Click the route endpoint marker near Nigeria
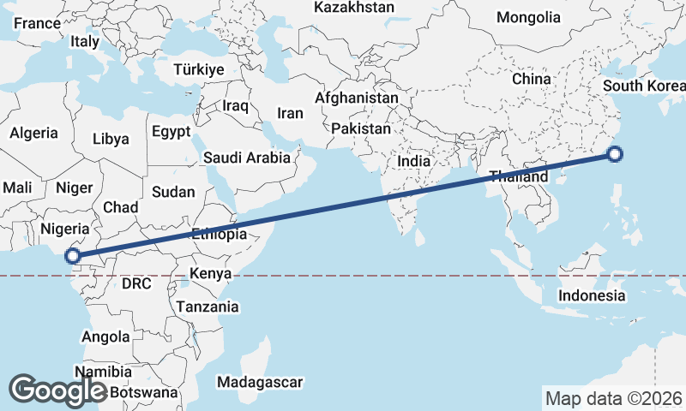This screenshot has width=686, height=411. tap(74, 255)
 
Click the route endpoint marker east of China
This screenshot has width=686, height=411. tap(614, 155)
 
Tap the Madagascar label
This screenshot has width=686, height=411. tap(261, 382)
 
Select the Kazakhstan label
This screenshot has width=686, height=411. tap(354, 8)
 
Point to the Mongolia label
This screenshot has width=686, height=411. tap(528, 17)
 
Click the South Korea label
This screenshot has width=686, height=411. tap(643, 86)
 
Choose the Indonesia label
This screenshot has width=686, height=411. tap(592, 296)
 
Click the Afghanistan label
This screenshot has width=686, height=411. tap(357, 98)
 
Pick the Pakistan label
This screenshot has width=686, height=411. tap(361, 129)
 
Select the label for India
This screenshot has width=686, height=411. tap(413, 161)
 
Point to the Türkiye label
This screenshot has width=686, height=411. tap(198, 70)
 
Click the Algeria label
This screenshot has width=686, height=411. tap(33, 134)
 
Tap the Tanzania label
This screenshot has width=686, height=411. tap(207, 307)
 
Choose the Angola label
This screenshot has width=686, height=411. tap(105, 337)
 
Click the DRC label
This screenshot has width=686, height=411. tap(135, 283)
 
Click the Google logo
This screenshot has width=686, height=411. tap(57, 390)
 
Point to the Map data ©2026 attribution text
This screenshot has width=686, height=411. tap(613, 398)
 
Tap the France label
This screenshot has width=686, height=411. tap(38, 24)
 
